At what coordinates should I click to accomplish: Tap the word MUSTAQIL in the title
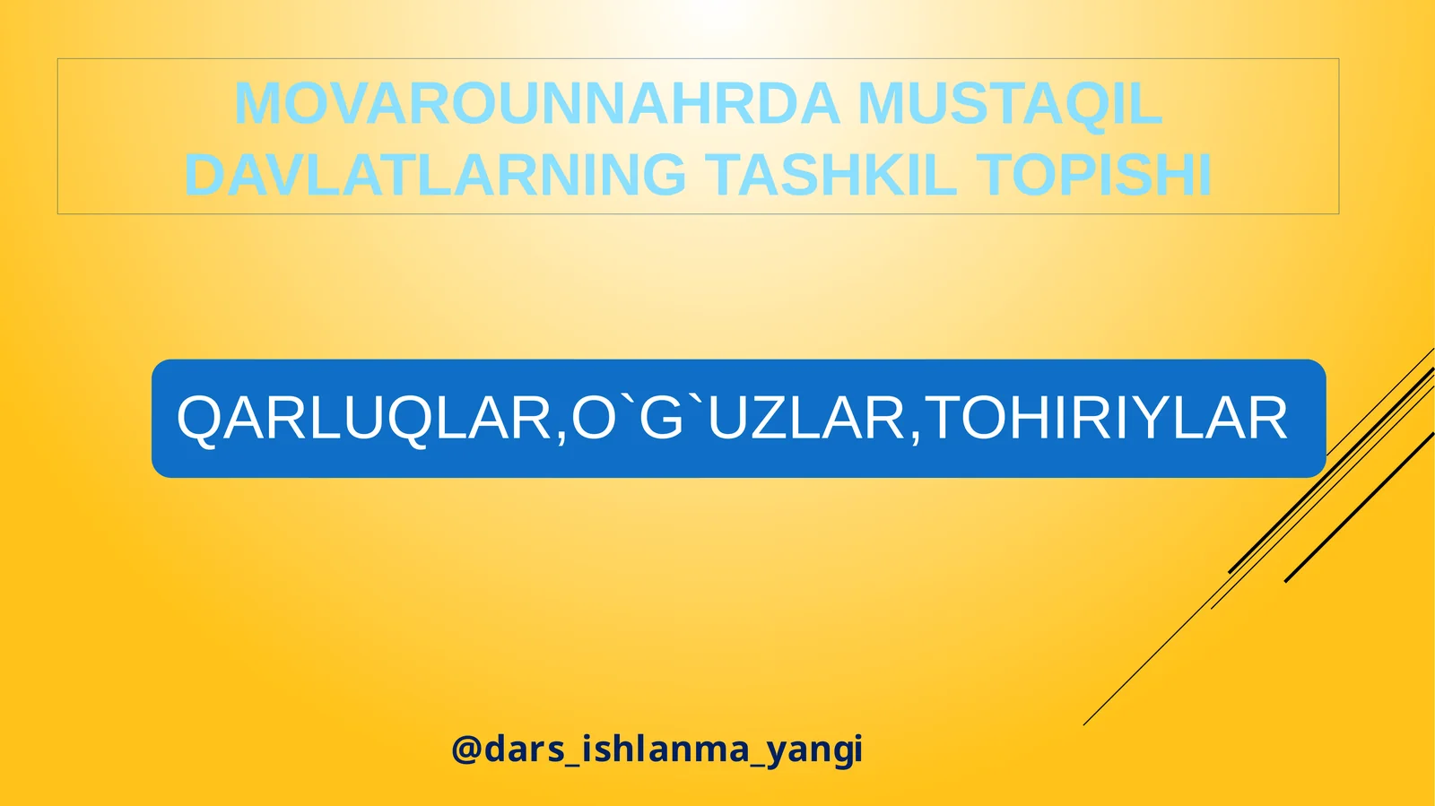[1010, 104]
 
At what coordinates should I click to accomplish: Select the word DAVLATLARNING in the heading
[435, 175]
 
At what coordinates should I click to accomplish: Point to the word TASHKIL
[831, 175]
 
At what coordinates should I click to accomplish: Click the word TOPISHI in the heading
[1094, 175]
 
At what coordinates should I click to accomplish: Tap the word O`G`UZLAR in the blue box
[739, 419]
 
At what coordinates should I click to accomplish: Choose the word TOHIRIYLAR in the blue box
[1106, 419]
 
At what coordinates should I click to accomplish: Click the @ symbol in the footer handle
[466, 750]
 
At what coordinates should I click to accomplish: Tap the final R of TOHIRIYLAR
[1266, 419]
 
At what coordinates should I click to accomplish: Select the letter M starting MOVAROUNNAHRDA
[255, 104]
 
